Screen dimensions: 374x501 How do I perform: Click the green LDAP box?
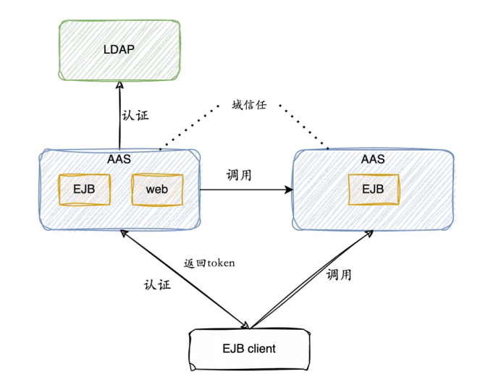[119, 51]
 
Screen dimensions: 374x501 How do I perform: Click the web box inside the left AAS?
[156, 190]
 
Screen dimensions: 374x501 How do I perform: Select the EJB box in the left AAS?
[84, 190]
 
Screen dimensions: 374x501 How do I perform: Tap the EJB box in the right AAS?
[373, 190]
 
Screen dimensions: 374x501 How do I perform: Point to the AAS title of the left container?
[119, 158]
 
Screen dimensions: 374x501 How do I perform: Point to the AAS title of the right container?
[373, 158]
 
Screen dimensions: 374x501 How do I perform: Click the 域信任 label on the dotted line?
[249, 105]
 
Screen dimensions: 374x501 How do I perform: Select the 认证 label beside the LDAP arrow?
[135, 115]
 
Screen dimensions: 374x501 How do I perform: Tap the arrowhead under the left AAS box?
[125, 235]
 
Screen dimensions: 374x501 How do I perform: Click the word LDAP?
[119, 50]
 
